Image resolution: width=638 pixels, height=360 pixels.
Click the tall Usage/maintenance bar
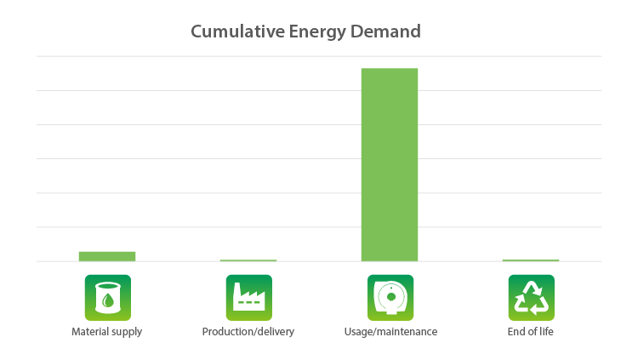click(x=390, y=164)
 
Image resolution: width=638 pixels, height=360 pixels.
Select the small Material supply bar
click(x=107, y=256)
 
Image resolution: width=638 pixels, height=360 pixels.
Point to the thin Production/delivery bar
click(x=248, y=260)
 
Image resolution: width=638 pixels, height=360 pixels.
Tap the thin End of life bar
click(x=531, y=260)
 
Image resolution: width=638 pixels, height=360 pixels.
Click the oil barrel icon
click(x=108, y=298)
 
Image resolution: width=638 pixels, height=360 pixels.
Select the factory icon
click(x=249, y=298)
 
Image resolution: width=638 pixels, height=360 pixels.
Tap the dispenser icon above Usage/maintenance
click(x=390, y=298)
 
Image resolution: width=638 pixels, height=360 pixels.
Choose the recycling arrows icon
click(x=532, y=298)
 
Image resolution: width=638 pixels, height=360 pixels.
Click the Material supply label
click(x=106, y=332)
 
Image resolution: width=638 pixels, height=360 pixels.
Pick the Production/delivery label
click(x=248, y=332)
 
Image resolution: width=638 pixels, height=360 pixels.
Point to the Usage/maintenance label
click(x=390, y=332)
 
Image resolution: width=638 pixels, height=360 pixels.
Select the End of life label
click(x=531, y=332)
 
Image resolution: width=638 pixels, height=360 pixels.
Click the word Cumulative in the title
click(x=238, y=31)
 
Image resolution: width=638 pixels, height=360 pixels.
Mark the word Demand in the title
click(x=385, y=31)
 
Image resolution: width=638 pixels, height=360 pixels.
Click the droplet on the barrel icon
click(x=108, y=300)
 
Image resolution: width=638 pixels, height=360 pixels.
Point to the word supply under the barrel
click(x=127, y=333)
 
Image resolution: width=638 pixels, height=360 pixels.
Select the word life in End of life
click(x=546, y=332)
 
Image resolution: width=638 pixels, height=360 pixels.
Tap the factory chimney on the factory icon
click(x=236, y=292)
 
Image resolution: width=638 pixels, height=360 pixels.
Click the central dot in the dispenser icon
click(x=391, y=297)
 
